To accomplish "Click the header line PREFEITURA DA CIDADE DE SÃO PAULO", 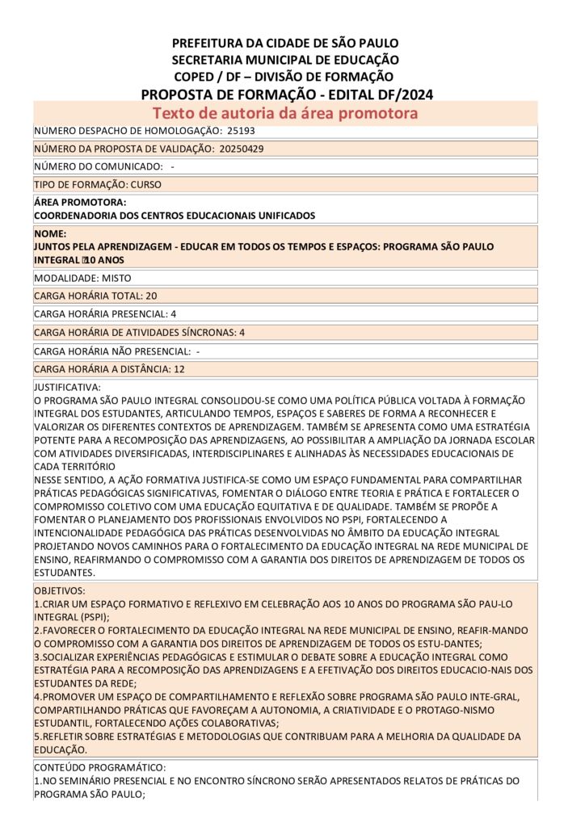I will coord(285,43).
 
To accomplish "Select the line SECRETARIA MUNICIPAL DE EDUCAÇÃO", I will coord(285,60).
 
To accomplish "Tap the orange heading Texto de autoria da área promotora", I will coord(285,113).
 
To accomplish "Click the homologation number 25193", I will coord(241,131).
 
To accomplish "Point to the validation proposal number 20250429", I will coord(241,149).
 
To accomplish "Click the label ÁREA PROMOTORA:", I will coord(80,202).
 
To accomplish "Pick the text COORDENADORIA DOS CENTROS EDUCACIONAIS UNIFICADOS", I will coord(175,216).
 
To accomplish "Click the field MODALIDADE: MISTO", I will coord(88,278).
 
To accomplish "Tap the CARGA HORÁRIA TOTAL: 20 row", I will coord(95,296).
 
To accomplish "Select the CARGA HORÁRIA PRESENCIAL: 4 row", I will coord(105,313).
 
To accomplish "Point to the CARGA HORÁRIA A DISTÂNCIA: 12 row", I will coord(109,369).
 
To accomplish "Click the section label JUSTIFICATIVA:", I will coord(67,388).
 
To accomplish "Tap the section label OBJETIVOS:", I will coord(59,591).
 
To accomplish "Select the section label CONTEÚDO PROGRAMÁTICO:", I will coord(99,767).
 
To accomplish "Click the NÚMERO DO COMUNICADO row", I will coord(103,166).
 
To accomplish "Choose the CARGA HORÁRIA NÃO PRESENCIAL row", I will coord(116,351).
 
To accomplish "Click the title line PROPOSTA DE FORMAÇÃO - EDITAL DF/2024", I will coord(287,94).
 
